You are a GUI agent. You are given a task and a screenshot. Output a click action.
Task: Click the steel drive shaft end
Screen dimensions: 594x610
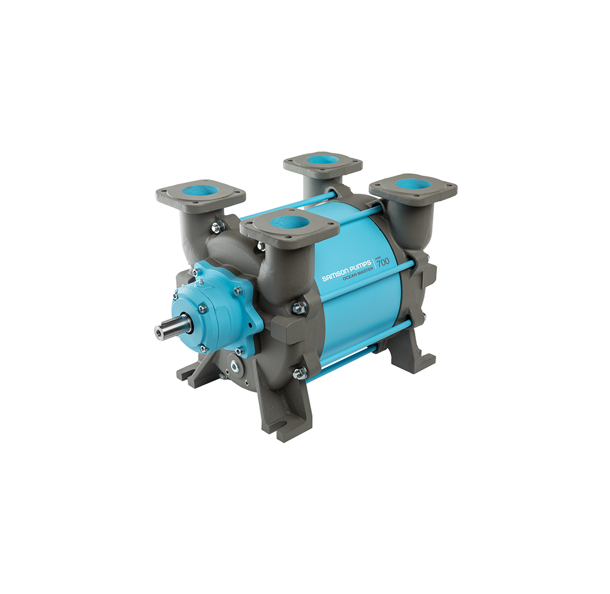click(164, 330)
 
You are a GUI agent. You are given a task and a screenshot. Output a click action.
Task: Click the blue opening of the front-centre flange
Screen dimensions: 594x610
click(290, 223)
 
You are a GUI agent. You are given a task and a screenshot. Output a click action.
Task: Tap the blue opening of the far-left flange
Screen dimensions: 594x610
click(201, 191)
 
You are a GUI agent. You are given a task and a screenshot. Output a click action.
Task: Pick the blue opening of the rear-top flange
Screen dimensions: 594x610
click(322, 160)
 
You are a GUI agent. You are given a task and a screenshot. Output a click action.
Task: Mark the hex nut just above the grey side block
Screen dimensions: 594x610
click(299, 307)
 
